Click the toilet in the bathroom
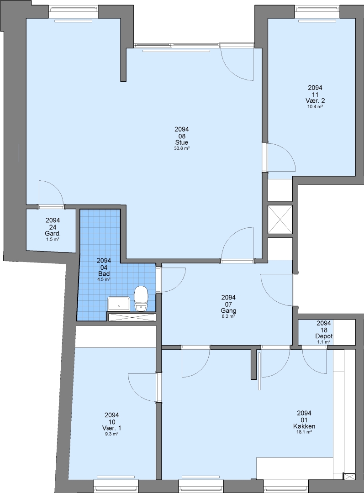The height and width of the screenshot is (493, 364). click(x=141, y=299)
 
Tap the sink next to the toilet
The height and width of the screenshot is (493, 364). click(x=118, y=304)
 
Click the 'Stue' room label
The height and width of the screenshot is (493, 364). click(x=181, y=143)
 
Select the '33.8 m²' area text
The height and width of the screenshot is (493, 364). click(x=181, y=148)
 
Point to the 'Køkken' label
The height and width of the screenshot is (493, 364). click(x=304, y=427)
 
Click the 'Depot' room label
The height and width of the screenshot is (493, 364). click(x=324, y=336)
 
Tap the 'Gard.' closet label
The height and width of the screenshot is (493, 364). click(x=53, y=234)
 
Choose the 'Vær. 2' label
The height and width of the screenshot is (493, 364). click(x=315, y=101)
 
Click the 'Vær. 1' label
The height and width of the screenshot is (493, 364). click(x=112, y=428)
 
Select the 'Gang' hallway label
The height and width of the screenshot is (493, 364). click(x=228, y=311)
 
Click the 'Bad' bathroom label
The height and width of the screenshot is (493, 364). click(x=104, y=274)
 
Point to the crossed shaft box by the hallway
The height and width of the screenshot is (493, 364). click(x=280, y=220)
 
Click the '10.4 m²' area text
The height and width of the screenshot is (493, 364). click(x=315, y=106)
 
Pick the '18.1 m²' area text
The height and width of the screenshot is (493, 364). click(x=304, y=432)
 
